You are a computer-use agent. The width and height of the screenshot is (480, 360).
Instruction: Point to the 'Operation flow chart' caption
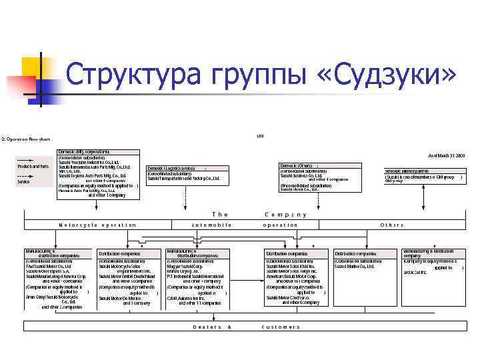[27, 139]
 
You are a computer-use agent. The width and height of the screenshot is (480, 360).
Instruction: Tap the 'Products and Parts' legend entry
[31, 166]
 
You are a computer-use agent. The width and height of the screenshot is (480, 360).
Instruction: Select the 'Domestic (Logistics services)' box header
[171, 169]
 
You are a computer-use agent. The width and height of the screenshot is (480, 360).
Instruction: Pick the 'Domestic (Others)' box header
[297, 165]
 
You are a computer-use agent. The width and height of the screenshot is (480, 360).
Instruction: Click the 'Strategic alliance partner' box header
[407, 171]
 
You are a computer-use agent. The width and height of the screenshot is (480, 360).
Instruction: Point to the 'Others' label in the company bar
[391, 225]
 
